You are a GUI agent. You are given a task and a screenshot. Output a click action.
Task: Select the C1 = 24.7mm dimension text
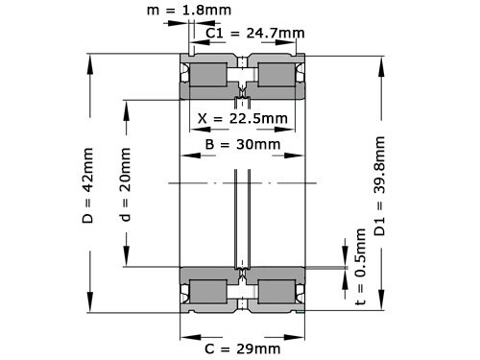pos(256,34)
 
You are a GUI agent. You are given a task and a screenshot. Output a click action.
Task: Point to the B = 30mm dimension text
pos(244,145)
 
